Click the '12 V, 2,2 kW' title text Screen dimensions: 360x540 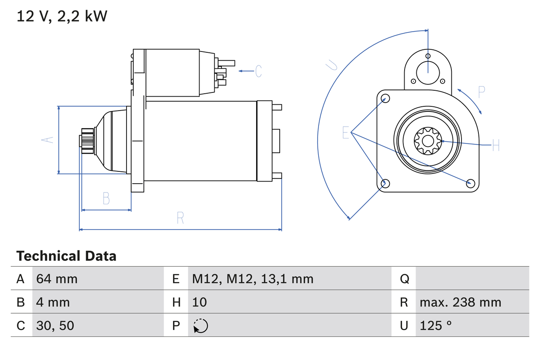pos(62,16)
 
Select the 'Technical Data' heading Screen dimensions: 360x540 pos(66,256)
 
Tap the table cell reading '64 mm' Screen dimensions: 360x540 pos(57,279)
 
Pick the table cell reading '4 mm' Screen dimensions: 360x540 pos(53,302)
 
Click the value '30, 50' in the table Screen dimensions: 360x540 pos(55,325)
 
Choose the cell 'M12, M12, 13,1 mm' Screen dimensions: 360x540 pos(253,279)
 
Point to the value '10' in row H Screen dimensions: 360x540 pos(200,302)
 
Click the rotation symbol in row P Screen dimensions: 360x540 pos(201,326)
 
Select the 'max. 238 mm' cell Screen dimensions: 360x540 pos(460,302)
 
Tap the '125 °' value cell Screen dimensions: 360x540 pos(436,325)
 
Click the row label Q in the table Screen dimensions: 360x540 pos(404,279)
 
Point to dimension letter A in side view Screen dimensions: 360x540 pos(49,140)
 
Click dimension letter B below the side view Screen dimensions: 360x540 pos(106,198)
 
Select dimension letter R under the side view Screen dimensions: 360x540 pos(180,218)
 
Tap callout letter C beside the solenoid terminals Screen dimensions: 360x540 pos(259,71)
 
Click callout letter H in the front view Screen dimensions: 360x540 pos(496,146)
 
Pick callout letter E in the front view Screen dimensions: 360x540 pos(346,133)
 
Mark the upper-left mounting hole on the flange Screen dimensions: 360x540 pos(385,99)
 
